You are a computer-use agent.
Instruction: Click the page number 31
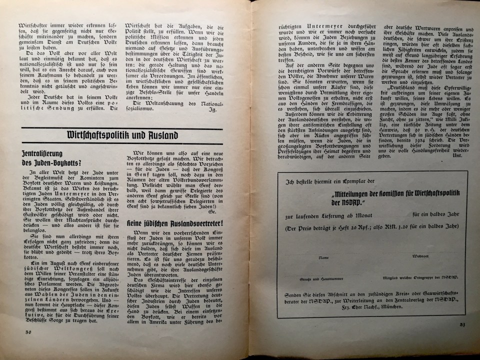click(462, 325)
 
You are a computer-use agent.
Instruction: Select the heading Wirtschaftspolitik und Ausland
click(122, 134)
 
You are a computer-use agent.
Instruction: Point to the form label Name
click(324, 257)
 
